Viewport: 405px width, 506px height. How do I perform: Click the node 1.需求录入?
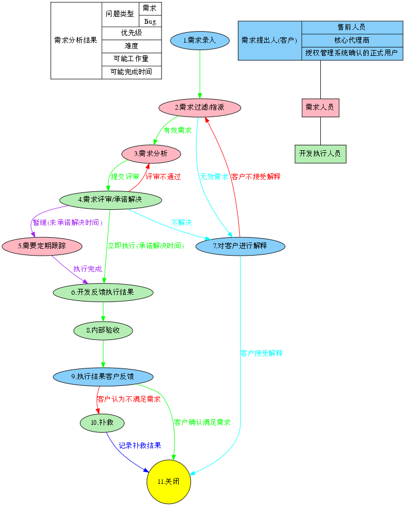tap(200, 41)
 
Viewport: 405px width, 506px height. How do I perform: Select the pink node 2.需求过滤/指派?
tap(200, 108)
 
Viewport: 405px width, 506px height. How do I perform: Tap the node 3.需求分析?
tap(151, 154)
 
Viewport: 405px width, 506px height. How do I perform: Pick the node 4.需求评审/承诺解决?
tap(110, 200)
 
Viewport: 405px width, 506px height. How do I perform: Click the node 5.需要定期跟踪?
tap(42, 246)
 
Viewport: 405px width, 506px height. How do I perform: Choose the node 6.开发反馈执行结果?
tap(103, 292)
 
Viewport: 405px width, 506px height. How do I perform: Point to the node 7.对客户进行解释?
tap(240, 246)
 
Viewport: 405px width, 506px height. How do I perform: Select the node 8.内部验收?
tap(103, 330)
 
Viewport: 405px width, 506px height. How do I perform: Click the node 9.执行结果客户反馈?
tap(103, 377)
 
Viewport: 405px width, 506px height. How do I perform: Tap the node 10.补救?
tap(102, 423)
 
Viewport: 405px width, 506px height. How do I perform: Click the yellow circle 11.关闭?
tap(168, 482)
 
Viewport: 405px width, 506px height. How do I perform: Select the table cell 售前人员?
tap(352, 27)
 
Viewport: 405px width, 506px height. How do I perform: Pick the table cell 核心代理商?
tap(352, 41)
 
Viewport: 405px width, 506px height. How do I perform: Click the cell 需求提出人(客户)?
tap(270, 41)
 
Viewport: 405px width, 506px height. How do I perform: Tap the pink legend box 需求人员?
tap(320, 108)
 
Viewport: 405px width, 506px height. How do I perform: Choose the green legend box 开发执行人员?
tap(320, 154)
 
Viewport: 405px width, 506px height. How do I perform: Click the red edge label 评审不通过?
tap(164, 177)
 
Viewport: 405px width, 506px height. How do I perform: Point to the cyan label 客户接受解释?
tap(262, 353)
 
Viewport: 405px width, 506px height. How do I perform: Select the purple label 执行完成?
tap(88, 269)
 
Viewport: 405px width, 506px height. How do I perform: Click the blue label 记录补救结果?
tap(140, 445)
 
